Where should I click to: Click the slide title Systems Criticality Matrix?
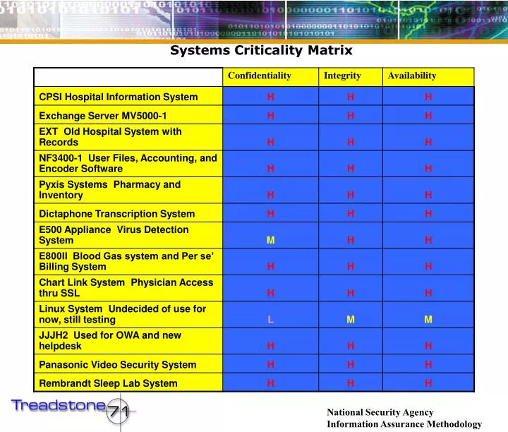coord(261,50)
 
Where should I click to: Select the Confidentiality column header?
coord(259,76)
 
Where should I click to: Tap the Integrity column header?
coord(342,76)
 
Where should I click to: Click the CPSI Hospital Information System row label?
coord(119,97)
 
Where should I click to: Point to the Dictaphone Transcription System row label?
coord(117,214)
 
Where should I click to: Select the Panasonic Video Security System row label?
coord(118,365)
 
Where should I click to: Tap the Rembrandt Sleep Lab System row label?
coord(109,383)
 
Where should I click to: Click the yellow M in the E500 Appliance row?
coord(270,241)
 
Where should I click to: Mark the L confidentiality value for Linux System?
coord(271,320)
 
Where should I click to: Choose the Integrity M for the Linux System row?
coord(351,320)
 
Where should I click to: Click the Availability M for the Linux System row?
coord(428,320)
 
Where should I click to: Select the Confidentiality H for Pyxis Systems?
coord(271,196)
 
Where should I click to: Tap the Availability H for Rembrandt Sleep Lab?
coord(428,383)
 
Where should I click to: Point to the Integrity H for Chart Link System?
coord(351,293)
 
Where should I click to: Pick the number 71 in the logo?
coord(117,413)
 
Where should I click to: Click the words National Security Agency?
coord(380,412)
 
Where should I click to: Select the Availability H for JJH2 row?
coord(428,347)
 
